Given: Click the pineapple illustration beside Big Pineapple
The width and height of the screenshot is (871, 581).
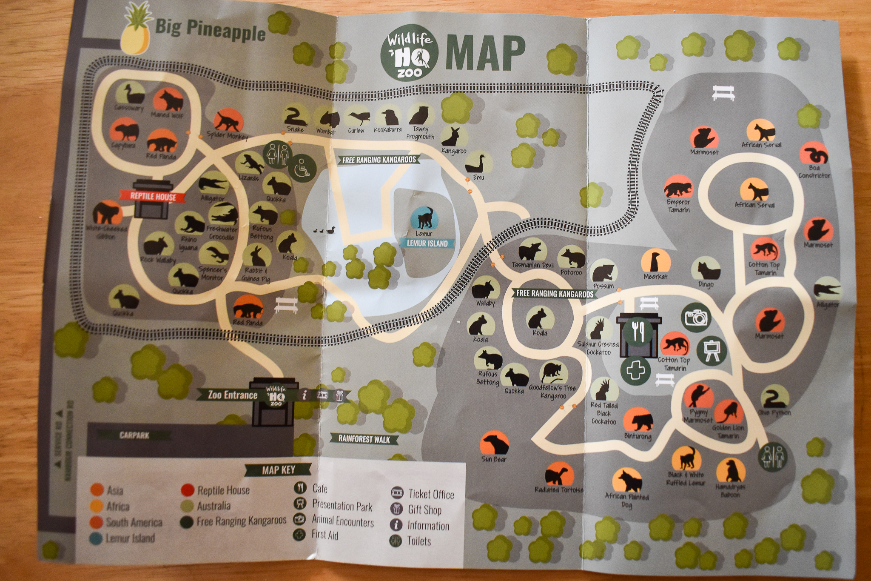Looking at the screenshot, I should pyautogui.click(x=136, y=34).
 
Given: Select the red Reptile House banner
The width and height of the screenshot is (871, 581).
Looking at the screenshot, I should pyautogui.click(x=153, y=196).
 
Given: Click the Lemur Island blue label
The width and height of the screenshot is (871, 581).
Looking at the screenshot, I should pyautogui.click(x=427, y=243).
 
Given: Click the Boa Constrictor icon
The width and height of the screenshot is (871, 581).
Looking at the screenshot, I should pyautogui.click(x=814, y=153).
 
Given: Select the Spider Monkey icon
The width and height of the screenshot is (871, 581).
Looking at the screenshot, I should pyautogui.click(x=228, y=121).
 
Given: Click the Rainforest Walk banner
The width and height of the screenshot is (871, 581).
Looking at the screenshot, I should pyautogui.click(x=364, y=439).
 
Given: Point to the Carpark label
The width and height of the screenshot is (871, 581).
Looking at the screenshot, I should pyautogui.click(x=134, y=435).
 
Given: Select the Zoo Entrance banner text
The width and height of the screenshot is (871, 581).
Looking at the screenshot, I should pyautogui.click(x=232, y=395).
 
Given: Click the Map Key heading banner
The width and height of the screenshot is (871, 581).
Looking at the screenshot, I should pyautogui.click(x=279, y=470).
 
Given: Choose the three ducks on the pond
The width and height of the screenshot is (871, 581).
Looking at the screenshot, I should pyautogui.click(x=324, y=230).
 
